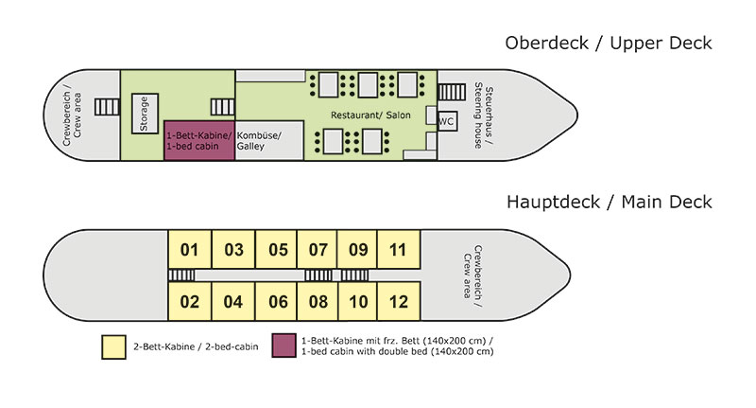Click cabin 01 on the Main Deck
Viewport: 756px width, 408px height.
point(190,251)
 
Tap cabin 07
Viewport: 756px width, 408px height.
point(318,251)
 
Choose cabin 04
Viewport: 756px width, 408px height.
point(234,303)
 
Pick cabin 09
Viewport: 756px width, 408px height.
point(358,251)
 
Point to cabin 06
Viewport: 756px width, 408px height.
point(278,303)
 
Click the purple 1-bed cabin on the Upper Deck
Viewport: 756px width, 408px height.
point(199,141)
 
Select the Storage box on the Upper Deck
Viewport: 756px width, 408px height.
point(145,114)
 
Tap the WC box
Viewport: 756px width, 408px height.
point(446,121)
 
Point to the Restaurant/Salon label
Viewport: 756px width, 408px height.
point(365,115)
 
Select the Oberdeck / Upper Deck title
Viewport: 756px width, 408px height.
point(608,44)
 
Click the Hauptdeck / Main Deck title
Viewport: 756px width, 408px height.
point(609,202)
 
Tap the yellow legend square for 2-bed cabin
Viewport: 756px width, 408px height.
point(114,346)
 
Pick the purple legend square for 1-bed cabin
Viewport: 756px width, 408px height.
point(283,346)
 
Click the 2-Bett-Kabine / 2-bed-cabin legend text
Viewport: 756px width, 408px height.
point(189,347)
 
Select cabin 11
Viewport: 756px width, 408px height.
point(398,251)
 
